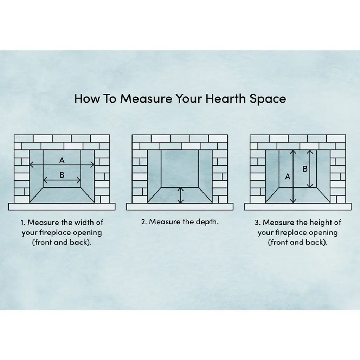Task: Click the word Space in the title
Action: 268,99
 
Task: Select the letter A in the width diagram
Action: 62,160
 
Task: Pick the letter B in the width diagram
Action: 62,175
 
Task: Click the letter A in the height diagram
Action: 288,177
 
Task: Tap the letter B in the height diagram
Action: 305,169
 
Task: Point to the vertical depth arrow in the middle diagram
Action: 181,195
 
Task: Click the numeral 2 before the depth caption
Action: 143,222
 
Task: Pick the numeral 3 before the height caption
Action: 257,223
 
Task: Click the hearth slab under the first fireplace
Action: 62,206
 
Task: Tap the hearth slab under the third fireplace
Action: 298,206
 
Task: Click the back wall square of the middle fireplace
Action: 180,169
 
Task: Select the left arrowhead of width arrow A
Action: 31,165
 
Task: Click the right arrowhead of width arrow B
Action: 79,180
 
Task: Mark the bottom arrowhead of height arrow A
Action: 293,201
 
